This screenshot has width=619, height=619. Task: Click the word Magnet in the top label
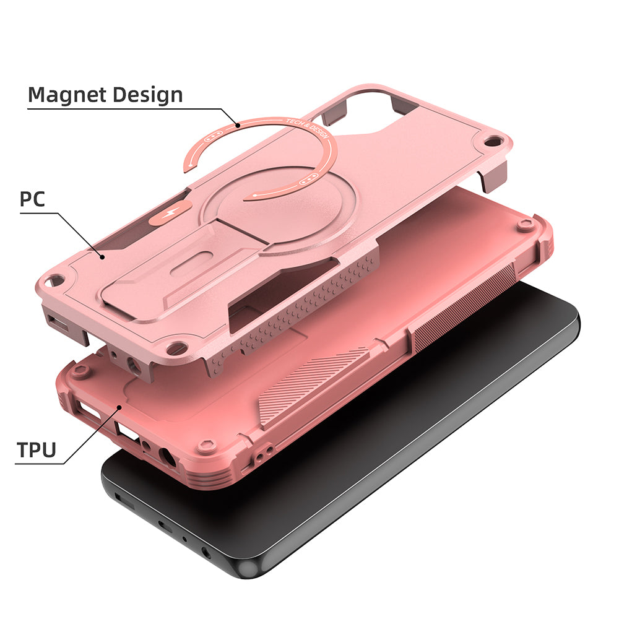point(66,95)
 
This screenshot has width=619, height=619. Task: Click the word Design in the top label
point(146,95)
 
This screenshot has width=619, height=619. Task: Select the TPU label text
point(37,449)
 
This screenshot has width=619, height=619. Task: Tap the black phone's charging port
point(165,527)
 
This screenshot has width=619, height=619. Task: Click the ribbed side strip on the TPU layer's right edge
point(464,309)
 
